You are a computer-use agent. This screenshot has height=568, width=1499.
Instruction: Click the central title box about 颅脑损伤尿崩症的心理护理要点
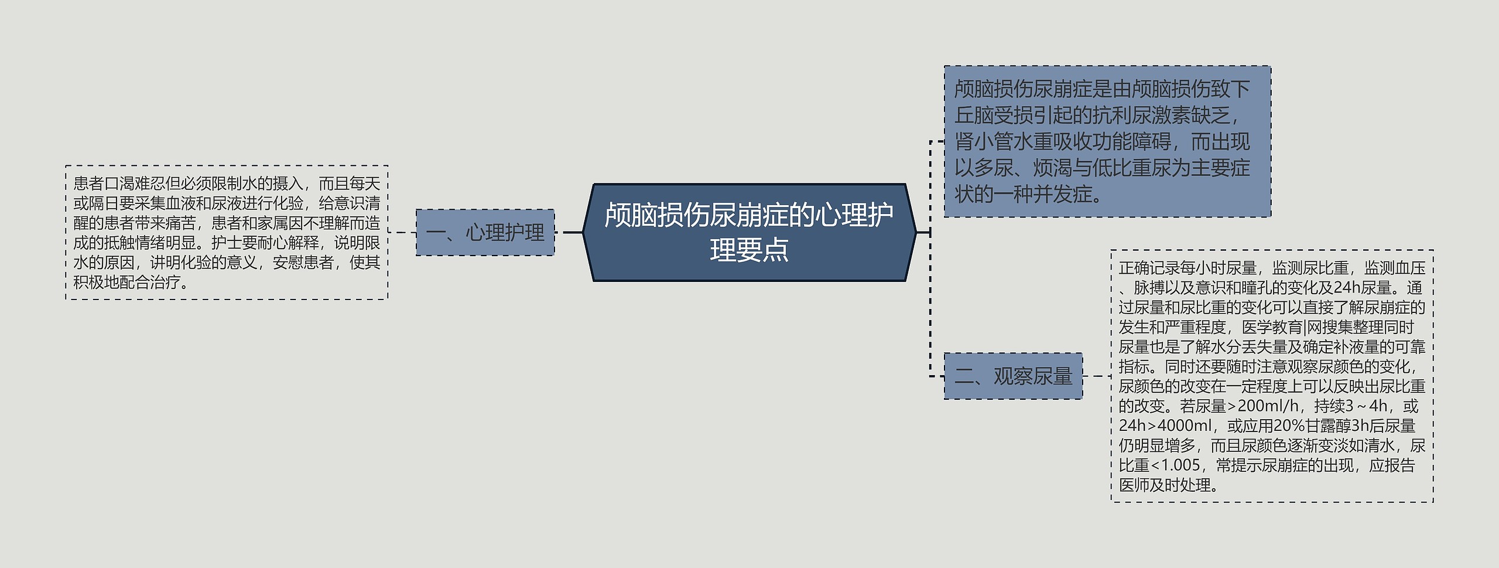749,233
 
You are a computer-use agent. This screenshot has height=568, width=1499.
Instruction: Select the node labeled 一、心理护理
485,233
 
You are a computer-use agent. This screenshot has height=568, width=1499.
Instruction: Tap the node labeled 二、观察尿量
1013,376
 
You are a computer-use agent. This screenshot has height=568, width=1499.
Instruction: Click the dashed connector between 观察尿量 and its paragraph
1096,376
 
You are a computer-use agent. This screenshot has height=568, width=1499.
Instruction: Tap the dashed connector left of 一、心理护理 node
402,233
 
